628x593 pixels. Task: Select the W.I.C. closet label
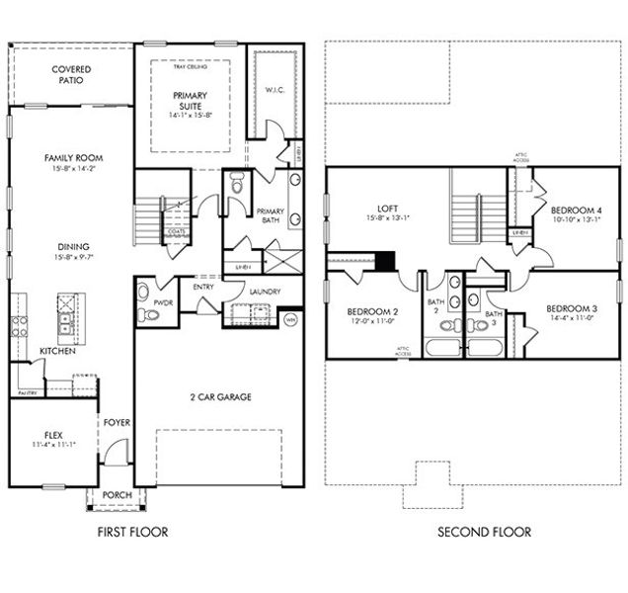coord(274,90)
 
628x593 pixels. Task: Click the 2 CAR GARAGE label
coord(220,396)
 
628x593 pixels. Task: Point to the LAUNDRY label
coord(265,292)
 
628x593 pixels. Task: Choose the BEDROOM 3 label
coord(571,307)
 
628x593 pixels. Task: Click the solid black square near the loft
coord(387,261)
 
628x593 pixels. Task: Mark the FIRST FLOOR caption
coord(132,532)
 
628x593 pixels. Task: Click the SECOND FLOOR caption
coord(484,532)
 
